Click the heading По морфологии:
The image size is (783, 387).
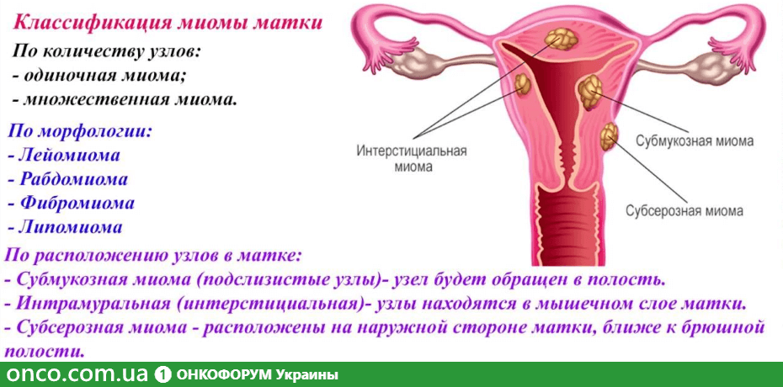coord(79,131)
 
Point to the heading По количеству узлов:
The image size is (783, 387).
coord(106,52)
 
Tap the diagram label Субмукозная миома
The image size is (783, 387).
coord(695,141)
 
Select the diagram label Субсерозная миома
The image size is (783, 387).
coord(684,210)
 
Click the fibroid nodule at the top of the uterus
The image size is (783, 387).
coord(561,39)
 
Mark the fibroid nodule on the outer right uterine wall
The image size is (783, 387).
coord(610,136)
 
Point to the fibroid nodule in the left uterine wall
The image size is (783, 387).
coord(522,84)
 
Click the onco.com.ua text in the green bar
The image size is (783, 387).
coord(77,374)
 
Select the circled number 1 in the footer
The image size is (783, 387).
coord(162,374)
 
